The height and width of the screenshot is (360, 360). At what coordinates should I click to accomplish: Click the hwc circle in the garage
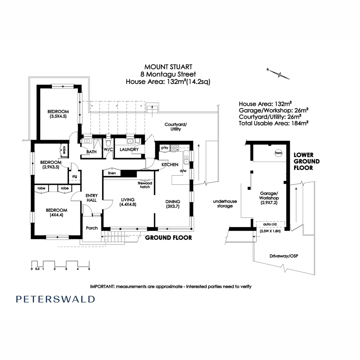278,153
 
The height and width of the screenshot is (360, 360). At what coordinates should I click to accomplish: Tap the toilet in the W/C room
108,142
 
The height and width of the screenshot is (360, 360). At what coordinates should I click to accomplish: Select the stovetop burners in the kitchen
175,148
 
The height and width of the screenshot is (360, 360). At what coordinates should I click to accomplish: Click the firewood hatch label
145,185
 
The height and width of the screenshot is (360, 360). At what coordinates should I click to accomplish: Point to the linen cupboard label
112,173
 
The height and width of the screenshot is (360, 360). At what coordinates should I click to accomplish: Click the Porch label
92,228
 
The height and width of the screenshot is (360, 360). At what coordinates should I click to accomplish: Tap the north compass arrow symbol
278,74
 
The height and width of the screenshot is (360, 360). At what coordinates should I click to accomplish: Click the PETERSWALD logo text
55,299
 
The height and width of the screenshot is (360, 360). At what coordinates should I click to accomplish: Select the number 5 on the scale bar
89,269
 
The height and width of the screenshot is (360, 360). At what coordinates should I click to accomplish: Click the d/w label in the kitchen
183,171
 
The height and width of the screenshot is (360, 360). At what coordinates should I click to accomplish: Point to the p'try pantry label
165,148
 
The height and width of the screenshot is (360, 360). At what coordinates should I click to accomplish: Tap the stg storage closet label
75,177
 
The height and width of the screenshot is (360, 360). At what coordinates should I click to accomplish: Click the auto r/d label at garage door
270,224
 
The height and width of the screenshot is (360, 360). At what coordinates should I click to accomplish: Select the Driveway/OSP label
284,256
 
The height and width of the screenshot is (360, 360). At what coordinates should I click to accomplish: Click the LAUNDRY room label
129,149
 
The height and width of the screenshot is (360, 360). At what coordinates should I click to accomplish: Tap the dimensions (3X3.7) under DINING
173,206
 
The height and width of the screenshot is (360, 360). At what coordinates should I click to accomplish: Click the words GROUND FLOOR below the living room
169,238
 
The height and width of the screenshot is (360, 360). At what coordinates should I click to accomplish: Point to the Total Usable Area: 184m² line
273,123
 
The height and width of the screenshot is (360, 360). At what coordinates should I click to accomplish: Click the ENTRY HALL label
92,198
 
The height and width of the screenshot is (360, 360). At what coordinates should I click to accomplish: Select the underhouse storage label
225,204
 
